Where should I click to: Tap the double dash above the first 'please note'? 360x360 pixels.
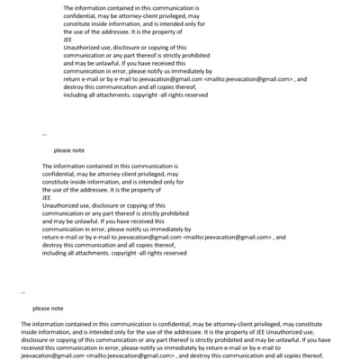[x=44, y=135]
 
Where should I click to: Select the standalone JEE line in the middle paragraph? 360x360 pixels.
[x=47, y=197]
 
